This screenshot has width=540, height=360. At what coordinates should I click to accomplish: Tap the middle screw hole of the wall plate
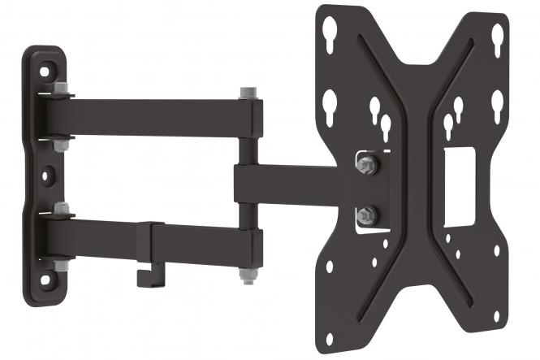pos(49,173)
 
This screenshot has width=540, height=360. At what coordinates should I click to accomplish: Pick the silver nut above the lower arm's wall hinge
pos(61,208)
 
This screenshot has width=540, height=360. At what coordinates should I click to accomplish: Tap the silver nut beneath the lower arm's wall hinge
pos(59,266)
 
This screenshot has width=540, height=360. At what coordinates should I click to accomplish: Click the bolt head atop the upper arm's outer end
pos(247,93)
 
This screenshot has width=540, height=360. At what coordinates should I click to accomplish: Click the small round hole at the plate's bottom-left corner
pos(329,265)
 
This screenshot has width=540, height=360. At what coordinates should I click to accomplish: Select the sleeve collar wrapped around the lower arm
pos(151,242)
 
